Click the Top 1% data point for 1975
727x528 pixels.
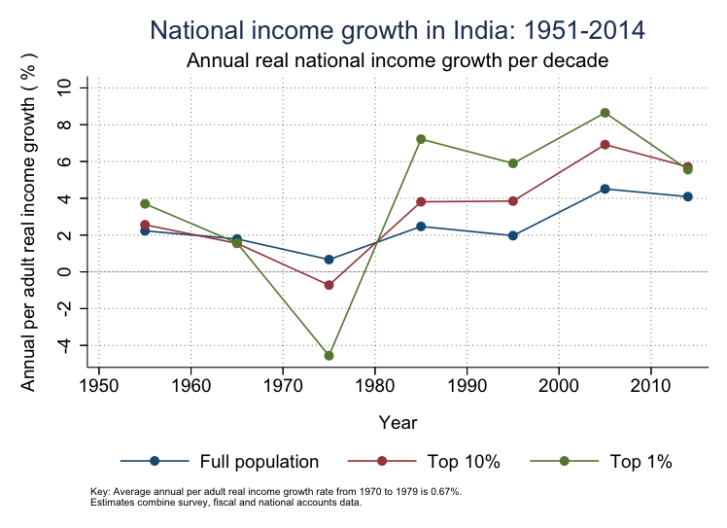tap(329, 356)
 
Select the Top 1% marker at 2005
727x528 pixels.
tap(605, 113)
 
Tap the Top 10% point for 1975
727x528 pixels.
tap(329, 285)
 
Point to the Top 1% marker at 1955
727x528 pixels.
tap(145, 203)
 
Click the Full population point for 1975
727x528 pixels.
tap(329, 260)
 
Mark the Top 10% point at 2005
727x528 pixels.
tap(605, 145)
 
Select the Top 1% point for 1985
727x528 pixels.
tap(421, 139)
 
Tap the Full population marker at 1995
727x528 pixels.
tap(513, 235)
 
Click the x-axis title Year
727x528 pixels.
tap(398, 423)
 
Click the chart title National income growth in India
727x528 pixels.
tap(398, 30)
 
